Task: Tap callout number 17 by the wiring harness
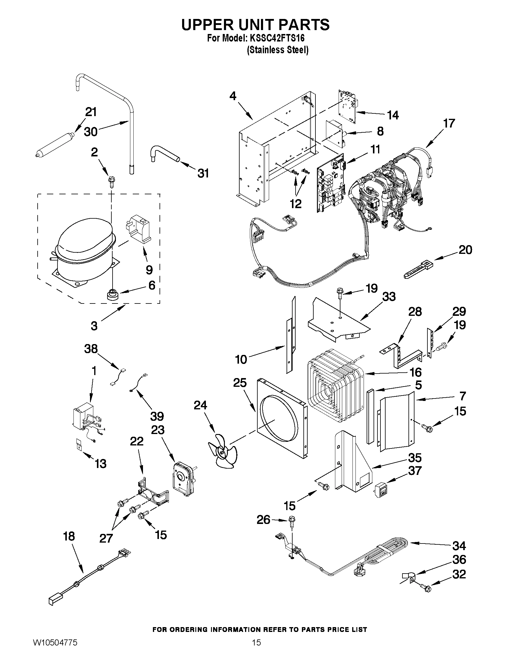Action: [449, 123]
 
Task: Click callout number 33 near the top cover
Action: [389, 297]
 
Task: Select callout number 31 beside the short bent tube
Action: [203, 173]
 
